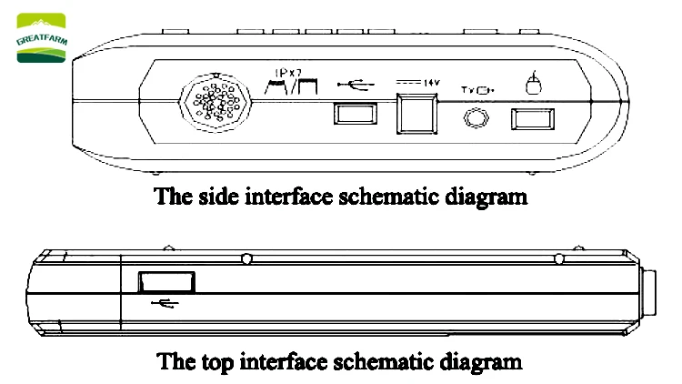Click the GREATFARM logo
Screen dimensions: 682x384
click(42, 37)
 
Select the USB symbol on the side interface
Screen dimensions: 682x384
click(354, 85)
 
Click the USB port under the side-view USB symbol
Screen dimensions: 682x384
click(353, 116)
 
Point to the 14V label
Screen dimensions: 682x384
click(431, 83)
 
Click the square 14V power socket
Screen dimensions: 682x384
click(418, 114)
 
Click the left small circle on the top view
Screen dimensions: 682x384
click(247, 259)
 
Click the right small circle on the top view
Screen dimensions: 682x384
click(558, 260)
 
